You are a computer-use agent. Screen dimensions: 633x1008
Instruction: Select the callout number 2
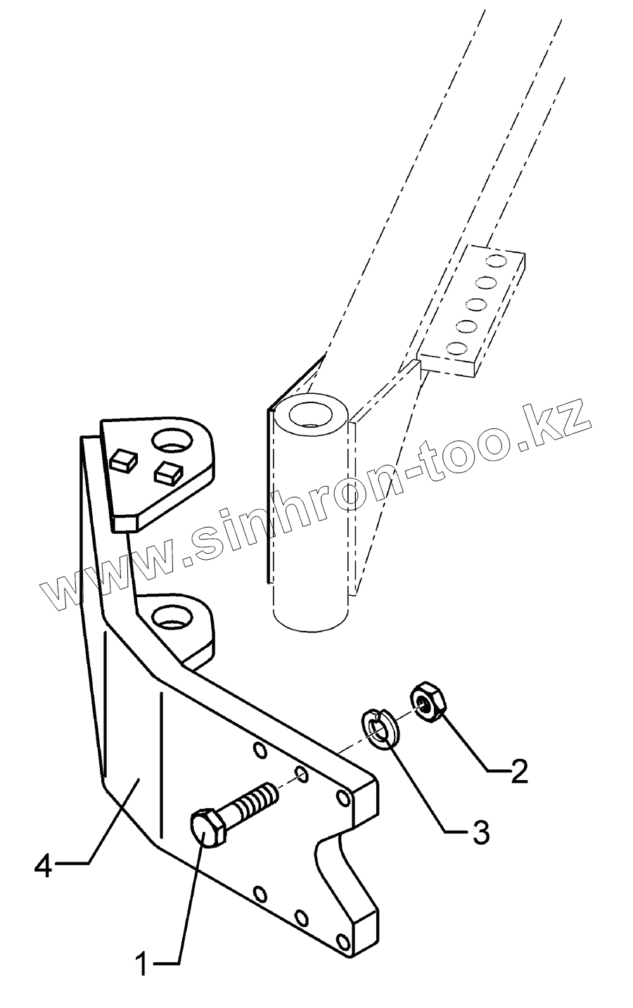(x=518, y=772)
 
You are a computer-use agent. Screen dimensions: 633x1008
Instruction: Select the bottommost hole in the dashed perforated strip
(x=456, y=349)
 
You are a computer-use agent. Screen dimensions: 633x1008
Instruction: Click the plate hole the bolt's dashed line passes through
(x=301, y=775)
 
